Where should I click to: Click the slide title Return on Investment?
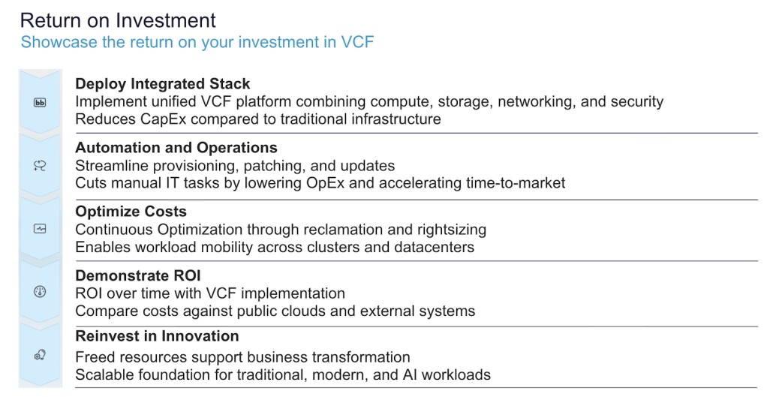[x=118, y=20]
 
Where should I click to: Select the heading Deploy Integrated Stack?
[x=162, y=84]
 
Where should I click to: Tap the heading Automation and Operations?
[x=176, y=148]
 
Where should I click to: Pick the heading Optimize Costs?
[x=131, y=212]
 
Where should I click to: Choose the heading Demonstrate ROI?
[x=138, y=275]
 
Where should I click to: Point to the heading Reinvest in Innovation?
[x=157, y=336]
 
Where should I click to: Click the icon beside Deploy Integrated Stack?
[x=40, y=103]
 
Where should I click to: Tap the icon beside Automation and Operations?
[x=40, y=166]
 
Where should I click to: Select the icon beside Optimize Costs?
[x=40, y=228]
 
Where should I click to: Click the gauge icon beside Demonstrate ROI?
[x=40, y=292]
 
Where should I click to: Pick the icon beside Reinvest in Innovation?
[x=40, y=355]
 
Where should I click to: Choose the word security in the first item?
[x=636, y=102]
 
